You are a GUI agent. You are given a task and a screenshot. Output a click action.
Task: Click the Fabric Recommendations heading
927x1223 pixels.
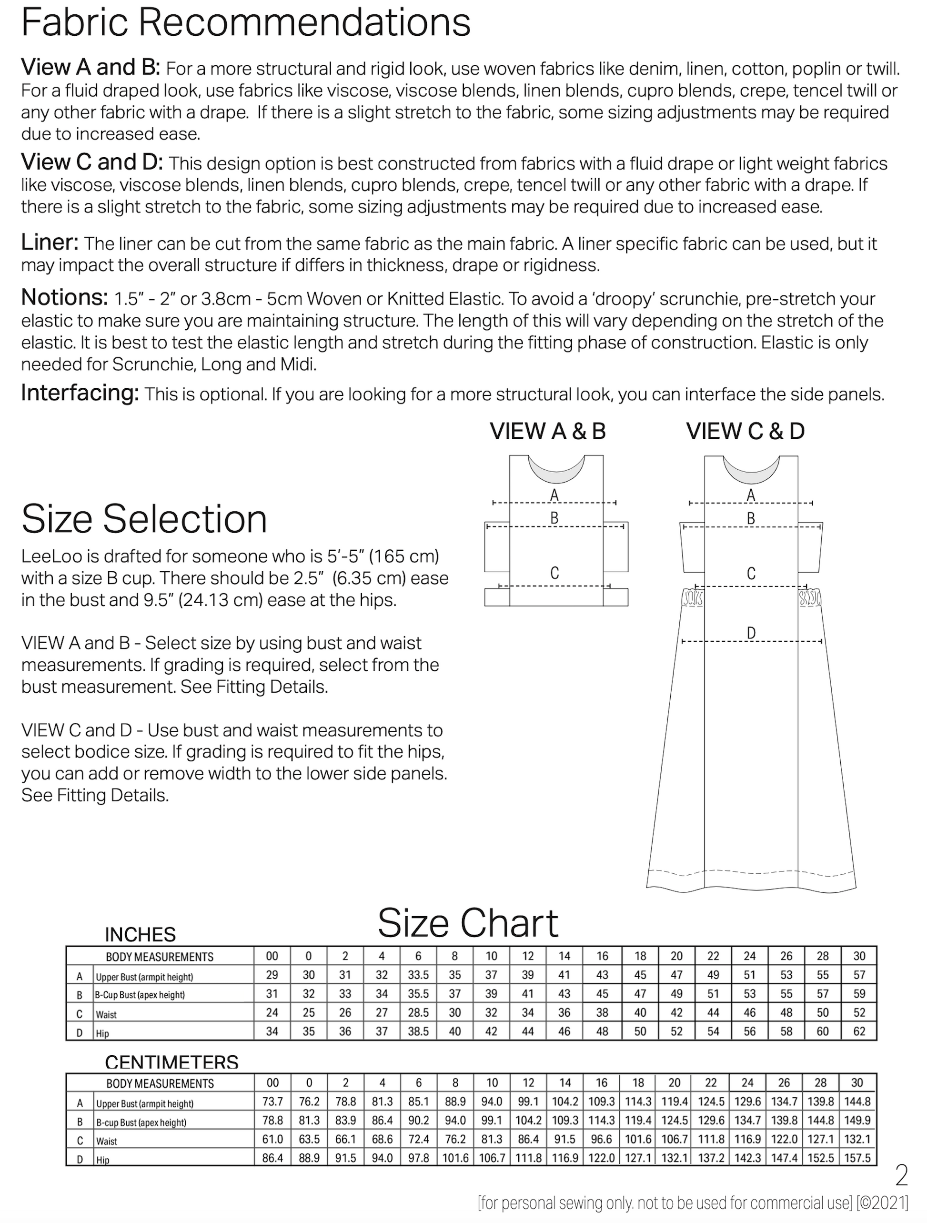(x=245, y=23)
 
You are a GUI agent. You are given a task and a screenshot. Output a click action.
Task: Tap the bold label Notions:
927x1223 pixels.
(x=64, y=298)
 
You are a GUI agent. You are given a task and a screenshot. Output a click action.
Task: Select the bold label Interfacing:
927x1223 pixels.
(x=80, y=393)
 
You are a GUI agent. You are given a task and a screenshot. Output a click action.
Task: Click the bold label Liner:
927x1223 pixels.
(x=50, y=243)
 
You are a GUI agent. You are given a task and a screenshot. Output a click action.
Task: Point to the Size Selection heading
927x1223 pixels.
(x=144, y=519)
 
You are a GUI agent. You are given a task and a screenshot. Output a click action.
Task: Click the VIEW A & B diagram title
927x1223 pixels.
(x=548, y=432)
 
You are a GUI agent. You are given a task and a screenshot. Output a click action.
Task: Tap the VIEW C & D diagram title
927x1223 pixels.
(x=745, y=432)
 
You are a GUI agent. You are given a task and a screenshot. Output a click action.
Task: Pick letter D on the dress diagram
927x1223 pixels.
(x=751, y=633)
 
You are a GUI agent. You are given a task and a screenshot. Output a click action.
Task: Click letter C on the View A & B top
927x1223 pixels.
(x=554, y=573)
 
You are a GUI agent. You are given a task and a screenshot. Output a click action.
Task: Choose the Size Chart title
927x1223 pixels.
(x=468, y=924)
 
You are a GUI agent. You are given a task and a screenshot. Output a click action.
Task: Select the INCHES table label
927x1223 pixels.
(x=141, y=935)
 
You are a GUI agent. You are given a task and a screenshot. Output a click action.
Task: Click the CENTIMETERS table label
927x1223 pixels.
(x=172, y=1062)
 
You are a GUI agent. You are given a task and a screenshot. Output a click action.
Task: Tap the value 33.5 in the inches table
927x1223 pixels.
(x=418, y=975)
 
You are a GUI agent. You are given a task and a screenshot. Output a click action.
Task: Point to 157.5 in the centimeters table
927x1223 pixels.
(x=858, y=1158)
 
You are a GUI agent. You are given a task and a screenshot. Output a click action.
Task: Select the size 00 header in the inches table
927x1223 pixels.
(x=272, y=956)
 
